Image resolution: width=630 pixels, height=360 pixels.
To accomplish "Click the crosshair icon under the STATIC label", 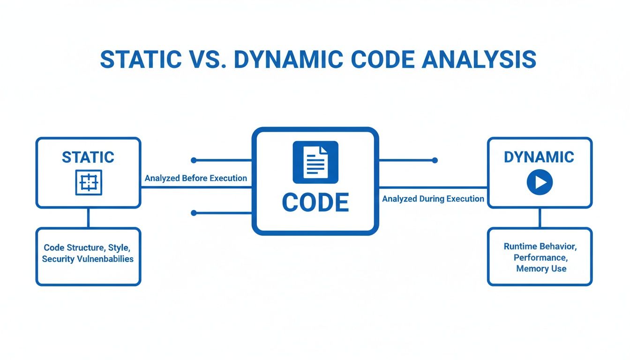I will pyautogui.click(x=89, y=182).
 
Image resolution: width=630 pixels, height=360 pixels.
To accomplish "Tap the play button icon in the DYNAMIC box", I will pyautogui.click(x=540, y=182).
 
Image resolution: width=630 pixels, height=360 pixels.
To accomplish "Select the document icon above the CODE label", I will pyautogui.click(x=315, y=162).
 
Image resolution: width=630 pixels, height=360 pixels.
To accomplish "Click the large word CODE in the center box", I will pyautogui.click(x=315, y=202).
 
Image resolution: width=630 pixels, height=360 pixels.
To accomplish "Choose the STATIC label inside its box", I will pyautogui.click(x=88, y=157).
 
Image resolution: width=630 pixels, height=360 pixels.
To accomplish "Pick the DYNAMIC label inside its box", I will pyautogui.click(x=539, y=157).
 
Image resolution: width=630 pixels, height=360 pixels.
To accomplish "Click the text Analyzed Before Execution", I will pyautogui.click(x=195, y=178).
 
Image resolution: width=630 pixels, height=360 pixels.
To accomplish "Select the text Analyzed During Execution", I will pyautogui.click(x=433, y=199).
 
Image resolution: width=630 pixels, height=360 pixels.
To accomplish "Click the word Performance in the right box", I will pyautogui.click(x=540, y=257).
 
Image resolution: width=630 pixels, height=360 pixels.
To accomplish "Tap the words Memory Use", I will pyautogui.click(x=541, y=269).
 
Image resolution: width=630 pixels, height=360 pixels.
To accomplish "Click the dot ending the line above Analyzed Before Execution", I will pyautogui.click(x=194, y=160).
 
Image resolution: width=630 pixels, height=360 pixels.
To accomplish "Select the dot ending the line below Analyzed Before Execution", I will pyautogui.click(x=194, y=213).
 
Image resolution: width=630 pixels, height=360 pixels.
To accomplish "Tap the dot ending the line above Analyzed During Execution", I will pyautogui.click(x=435, y=160).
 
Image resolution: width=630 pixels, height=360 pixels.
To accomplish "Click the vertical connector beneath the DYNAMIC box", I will pyautogui.click(x=540, y=218).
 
